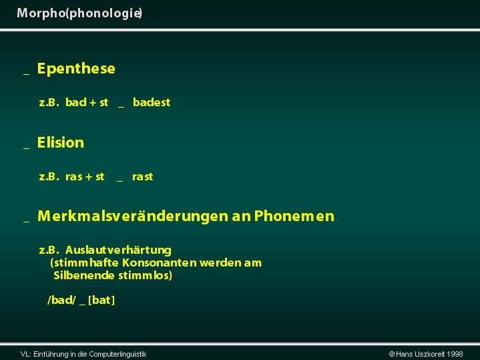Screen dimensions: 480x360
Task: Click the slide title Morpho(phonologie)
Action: pyautogui.click(x=79, y=13)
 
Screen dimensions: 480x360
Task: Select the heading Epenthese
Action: pyautogui.click(x=76, y=68)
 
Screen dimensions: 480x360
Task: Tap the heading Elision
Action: pyautogui.click(x=60, y=142)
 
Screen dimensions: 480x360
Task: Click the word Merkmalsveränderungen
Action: pyautogui.click(x=133, y=216)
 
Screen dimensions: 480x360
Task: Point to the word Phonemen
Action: pyautogui.click(x=294, y=216)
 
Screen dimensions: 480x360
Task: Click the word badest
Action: pyautogui.click(x=152, y=102)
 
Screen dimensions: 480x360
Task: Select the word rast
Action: pyautogui.click(x=142, y=177)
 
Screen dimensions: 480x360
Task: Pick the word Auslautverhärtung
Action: pyautogui.click(x=118, y=250)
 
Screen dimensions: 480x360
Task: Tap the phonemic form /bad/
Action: pyautogui.click(x=61, y=300)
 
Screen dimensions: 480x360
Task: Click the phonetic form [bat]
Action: pyautogui.click(x=101, y=300)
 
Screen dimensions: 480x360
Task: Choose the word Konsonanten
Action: pyautogui.click(x=159, y=263)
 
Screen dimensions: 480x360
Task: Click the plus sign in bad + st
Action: pyautogui.click(x=93, y=103)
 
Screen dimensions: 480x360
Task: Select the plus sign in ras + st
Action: pyautogui.click(x=89, y=177)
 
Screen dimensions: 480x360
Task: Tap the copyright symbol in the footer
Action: pyautogui.click(x=391, y=354)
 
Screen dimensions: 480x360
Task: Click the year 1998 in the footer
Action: pyautogui.click(x=455, y=354)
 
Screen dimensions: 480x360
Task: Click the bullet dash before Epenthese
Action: pyautogui.click(x=27, y=74)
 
